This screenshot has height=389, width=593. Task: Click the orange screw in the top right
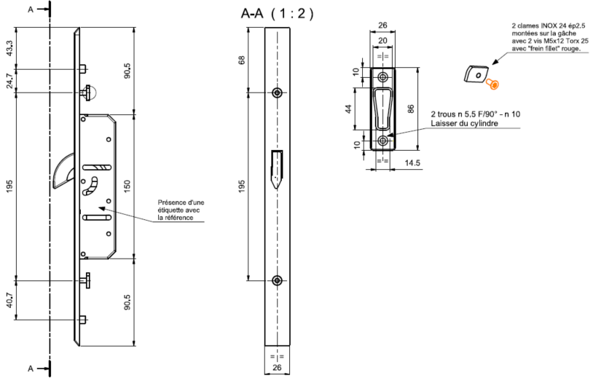[493, 85]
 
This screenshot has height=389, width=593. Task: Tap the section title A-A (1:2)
[277, 13]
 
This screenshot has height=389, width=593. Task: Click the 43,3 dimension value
[9, 48]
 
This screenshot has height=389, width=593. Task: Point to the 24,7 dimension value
[9, 81]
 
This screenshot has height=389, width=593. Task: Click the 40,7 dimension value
[9, 300]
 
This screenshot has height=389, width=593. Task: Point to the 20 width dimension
[383, 42]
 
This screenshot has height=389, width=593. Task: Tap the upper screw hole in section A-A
[277, 93]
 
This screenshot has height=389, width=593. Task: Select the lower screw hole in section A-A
[277, 280]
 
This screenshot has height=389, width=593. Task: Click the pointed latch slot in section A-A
[277, 168]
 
